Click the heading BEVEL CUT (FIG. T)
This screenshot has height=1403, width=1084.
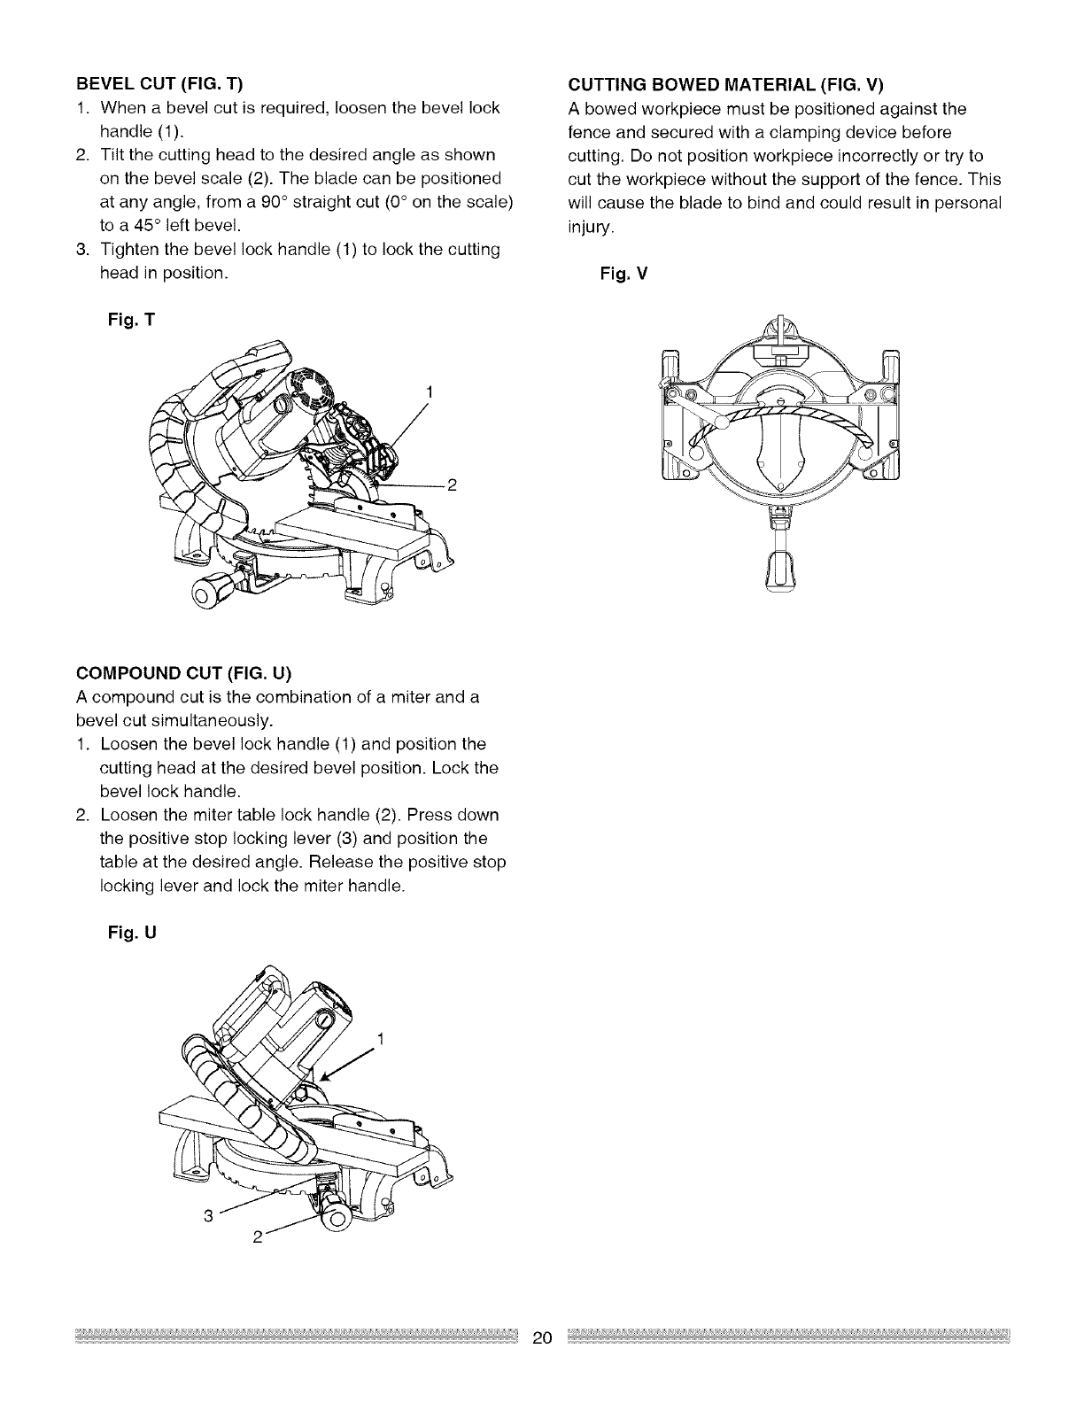[x=159, y=84]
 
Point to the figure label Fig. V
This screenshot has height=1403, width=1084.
[x=624, y=275]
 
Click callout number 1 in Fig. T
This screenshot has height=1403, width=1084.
[x=429, y=391]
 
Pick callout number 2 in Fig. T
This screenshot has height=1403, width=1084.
[x=452, y=484]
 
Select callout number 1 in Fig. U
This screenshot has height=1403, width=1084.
[x=380, y=1039]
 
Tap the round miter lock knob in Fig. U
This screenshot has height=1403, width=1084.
[x=335, y=1219]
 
